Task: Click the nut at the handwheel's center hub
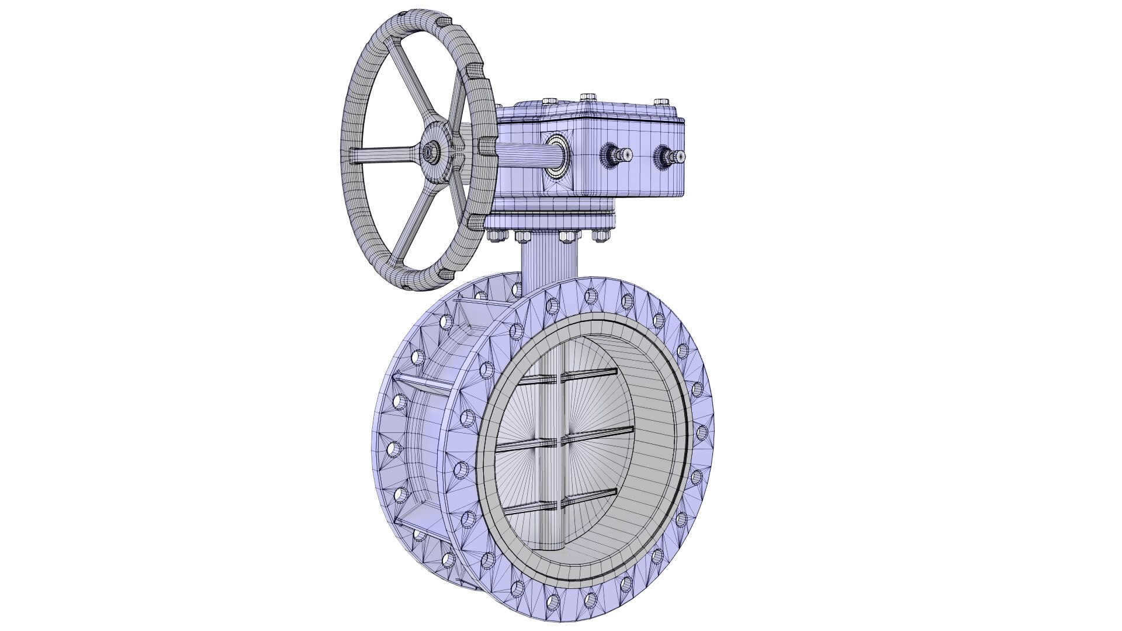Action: [433, 152]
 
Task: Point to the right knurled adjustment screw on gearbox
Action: [672, 156]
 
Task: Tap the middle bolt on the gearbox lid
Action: [587, 96]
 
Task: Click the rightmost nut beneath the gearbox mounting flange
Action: [601, 235]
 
